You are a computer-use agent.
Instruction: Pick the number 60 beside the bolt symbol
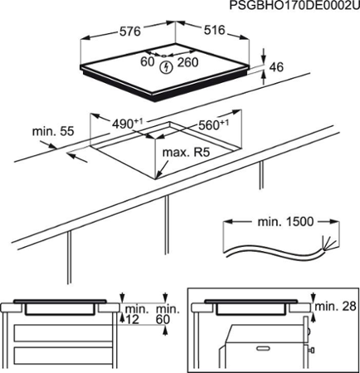coord(148,62)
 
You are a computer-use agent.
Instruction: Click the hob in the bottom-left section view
coord(61,306)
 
